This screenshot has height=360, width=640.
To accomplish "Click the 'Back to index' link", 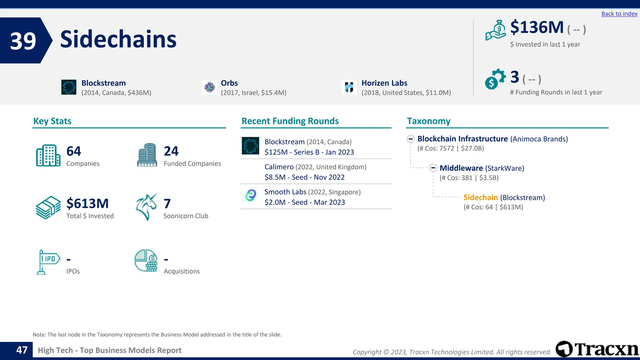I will [619, 14].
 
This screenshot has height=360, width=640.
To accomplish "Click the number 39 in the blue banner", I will [23, 41].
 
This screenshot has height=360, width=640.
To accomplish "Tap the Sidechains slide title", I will [118, 39].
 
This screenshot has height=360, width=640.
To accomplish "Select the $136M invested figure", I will [537, 27].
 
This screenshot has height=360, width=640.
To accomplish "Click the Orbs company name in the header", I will [229, 83].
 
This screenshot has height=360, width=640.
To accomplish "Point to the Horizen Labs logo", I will [349, 87].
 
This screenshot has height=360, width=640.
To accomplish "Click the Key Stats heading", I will [52, 121].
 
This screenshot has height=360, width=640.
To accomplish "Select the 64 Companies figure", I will [74, 151].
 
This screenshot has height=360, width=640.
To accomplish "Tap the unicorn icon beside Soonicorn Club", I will [146, 207].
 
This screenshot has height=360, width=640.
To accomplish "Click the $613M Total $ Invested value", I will [87, 203].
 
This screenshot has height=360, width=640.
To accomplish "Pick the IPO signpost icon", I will [48, 262].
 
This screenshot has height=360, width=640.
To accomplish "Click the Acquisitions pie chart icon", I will [146, 261].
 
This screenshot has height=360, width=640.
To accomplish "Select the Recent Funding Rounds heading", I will [290, 121].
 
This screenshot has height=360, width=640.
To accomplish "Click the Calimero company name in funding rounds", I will [279, 167].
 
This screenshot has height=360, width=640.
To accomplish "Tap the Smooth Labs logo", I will [251, 195].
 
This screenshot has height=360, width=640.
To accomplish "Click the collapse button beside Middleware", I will [433, 168].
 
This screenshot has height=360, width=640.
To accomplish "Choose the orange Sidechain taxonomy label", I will [480, 197].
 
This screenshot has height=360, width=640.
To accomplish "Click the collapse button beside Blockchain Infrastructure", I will [411, 139].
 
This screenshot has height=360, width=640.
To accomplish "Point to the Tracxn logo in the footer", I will [597, 349].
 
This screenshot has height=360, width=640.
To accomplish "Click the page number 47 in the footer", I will [22, 350].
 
